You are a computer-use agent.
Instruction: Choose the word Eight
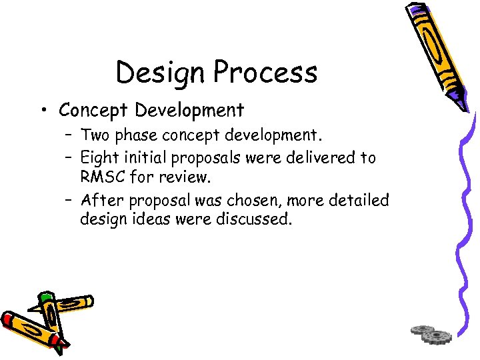[x=99, y=158]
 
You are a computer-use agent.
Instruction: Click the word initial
[x=147, y=158]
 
